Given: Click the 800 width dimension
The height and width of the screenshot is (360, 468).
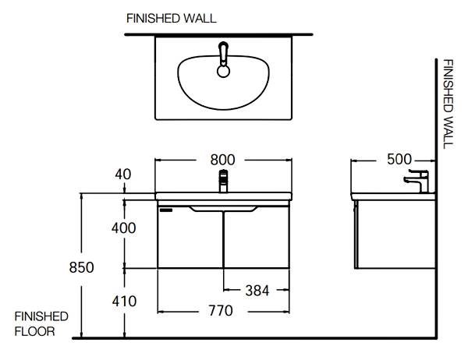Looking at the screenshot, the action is (x=222, y=160).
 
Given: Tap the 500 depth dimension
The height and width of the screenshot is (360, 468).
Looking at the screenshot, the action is (x=399, y=159).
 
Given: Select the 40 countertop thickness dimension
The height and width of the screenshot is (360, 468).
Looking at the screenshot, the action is (x=123, y=175).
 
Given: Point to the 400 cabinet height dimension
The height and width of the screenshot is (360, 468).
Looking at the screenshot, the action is (x=123, y=228).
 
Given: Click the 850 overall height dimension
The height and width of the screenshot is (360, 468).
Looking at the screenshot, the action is (x=81, y=267).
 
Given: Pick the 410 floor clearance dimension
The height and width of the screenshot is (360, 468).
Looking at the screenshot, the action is (x=124, y=302).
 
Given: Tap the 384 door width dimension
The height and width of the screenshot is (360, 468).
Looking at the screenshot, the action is (x=257, y=291).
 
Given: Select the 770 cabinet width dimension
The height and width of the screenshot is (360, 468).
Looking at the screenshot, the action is (x=221, y=311).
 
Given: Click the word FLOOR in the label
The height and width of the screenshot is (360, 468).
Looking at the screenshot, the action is (x=34, y=331).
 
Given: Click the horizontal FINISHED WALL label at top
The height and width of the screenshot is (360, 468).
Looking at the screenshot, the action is (x=172, y=19).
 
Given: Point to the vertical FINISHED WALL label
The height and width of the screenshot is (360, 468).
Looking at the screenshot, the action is (x=448, y=104).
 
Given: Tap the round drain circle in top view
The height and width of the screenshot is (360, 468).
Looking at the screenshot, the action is (x=223, y=71).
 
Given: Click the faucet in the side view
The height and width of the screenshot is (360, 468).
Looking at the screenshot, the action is (x=417, y=181).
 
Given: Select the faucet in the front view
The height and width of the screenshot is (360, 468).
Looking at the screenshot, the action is (x=223, y=181).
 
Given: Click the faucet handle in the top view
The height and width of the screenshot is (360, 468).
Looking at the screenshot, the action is (x=224, y=53).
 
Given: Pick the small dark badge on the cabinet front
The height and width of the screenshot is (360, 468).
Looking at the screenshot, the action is (x=166, y=210).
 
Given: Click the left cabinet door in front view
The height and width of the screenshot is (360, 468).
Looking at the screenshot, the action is (x=190, y=238).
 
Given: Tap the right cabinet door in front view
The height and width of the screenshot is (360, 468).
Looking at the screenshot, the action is (x=257, y=238).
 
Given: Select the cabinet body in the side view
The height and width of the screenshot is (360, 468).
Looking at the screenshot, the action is (x=395, y=235).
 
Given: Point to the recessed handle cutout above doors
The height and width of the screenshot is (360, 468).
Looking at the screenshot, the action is (x=223, y=209).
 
